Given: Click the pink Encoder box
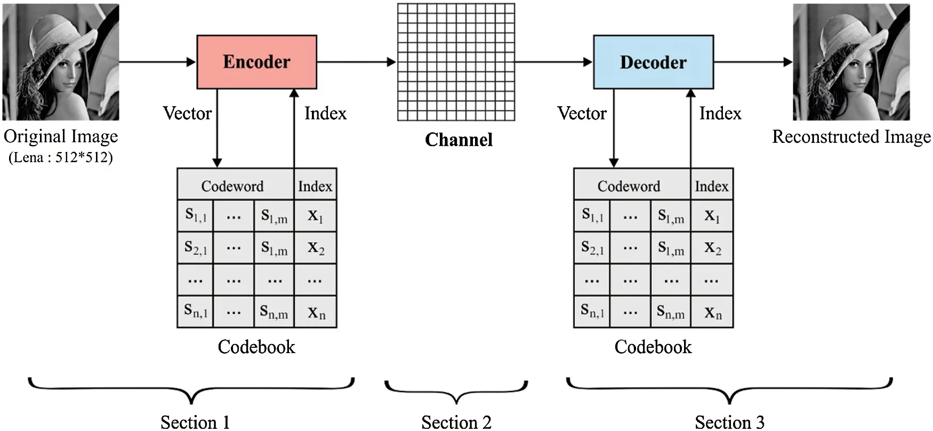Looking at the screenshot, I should click(256, 62).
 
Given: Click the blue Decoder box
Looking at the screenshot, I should click(653, 62).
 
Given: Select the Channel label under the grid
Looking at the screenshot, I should click(459, 140).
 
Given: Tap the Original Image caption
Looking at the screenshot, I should click(61, 137).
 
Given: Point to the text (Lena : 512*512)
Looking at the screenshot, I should click(61, 158).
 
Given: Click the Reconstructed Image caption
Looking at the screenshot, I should click(851, 137).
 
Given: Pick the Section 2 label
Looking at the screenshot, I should click(456, 422).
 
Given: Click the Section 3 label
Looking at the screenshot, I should click(729, 422).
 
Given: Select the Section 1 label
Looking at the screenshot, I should click(195, 422).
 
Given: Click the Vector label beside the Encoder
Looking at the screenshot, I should click(187, 114).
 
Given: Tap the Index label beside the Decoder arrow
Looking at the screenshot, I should click(720, 114).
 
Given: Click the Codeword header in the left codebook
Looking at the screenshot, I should click(232, 186).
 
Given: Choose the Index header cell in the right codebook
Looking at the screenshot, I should click(711, 186).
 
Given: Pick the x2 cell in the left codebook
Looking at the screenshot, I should click(316, 248).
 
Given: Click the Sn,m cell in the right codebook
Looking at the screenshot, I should click(671, 312).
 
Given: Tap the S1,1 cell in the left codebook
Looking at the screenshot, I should click(196, 215).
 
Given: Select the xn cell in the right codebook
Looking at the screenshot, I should click(712, 312).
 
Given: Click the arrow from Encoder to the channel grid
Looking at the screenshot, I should click(356, 62).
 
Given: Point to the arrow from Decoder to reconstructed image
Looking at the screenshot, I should click(753, 62).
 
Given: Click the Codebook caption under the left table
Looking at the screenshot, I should click(256, 347).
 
